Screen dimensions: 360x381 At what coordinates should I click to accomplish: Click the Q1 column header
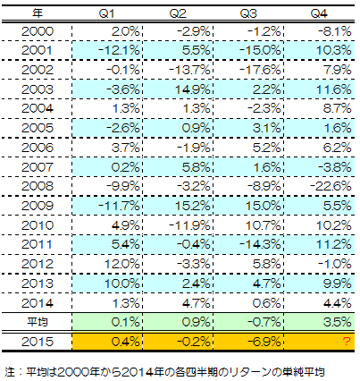click(106, 13)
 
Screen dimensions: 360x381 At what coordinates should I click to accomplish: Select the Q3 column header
click(248, 13)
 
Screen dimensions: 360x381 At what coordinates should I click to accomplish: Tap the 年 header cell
click(38, 13)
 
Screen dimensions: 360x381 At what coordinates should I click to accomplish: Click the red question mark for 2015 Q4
click(347, 342)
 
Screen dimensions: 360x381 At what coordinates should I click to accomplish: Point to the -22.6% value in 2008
click(331, 186)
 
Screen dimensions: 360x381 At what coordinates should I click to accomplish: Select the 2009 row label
click(38, 206)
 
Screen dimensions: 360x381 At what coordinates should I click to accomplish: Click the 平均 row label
click(38, 322)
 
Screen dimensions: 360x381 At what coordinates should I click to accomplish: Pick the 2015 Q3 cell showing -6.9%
click(264, 342)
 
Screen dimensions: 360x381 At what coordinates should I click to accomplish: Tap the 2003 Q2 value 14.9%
click(192, 89)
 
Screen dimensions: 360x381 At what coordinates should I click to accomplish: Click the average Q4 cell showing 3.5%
click(338, 322)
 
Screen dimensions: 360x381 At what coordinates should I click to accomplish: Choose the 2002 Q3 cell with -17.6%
click(260, 70)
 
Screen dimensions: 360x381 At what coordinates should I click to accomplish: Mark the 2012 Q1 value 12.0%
click(121, 264)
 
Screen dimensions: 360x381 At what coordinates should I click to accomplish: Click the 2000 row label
click(38, 31)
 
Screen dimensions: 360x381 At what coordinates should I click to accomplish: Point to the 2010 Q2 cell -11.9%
click(189, 225)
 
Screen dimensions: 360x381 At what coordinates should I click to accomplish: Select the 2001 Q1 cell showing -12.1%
click(119, 50)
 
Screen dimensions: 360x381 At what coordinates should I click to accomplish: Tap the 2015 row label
click(38, 342)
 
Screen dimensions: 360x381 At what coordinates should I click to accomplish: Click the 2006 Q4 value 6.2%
click(338, 148)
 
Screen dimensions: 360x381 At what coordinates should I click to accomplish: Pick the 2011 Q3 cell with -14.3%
click(260, 244)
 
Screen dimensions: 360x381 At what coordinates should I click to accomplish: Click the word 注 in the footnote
click(10, 372)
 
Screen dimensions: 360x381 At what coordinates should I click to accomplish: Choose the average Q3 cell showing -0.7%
click(264, 322)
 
